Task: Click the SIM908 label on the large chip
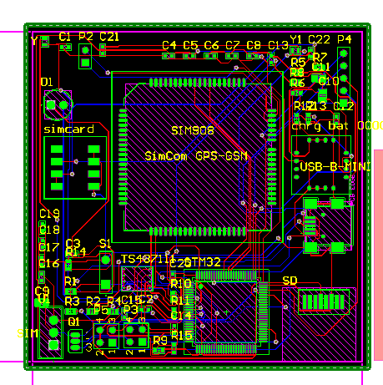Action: pos(192,131)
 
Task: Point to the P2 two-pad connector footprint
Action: pos(85,57)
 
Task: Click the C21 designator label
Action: pos(109,37)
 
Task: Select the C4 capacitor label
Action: pos(169,45)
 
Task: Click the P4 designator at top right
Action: pos(344,39)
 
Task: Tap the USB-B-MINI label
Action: pos(335,166)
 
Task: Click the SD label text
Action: pos(290,280)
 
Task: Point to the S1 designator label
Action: pos(105,243)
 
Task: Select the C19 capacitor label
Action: pos(49,214)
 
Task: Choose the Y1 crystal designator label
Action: pos(295,39)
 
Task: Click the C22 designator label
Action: pos(320,39)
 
